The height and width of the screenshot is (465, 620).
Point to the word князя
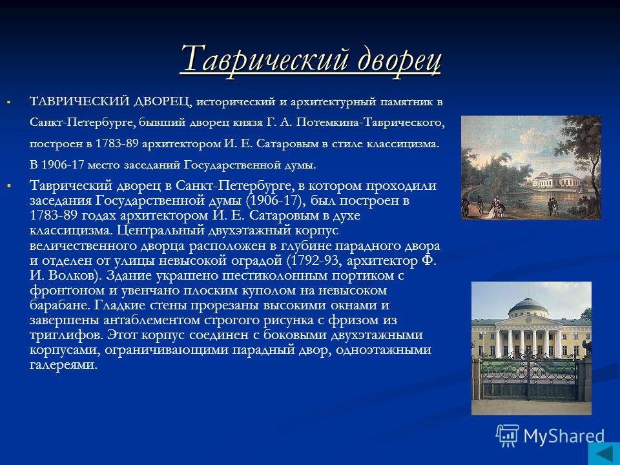(x=245, y=123)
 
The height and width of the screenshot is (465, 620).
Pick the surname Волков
(x=72, y=276)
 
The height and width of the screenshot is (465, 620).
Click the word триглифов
(x=66, y=335)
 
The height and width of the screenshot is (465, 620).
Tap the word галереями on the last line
(x=63, y=364)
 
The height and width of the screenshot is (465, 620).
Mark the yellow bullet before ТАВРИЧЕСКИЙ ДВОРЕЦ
(x=8, y=103)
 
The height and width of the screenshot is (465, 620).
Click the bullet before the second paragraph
(x=8, y=185)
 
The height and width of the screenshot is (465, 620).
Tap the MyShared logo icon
(x=508, y=436)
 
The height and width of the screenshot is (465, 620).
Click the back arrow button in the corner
(x=604, y=453)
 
